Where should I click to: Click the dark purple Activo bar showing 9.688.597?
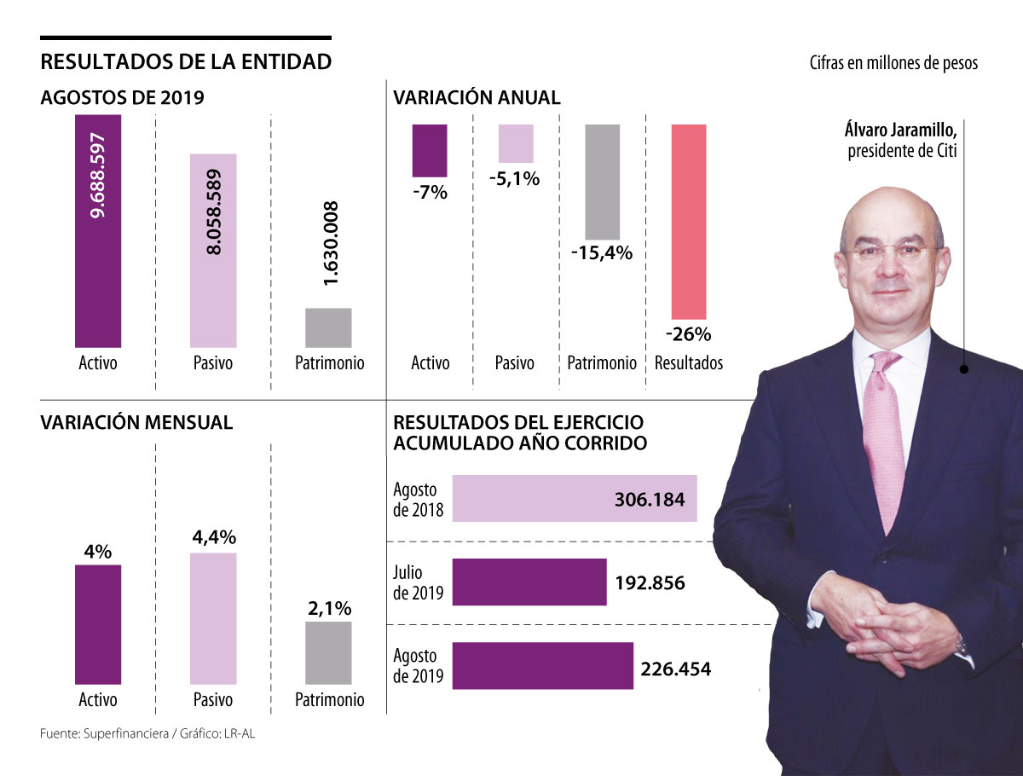click(x=98, y=230)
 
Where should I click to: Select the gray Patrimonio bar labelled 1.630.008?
click(x=328, y=327)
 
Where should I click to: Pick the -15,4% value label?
click(x=602, y=252)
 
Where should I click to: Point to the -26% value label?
click(x=688, y=333)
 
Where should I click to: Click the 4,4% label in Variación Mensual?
click(x=213, y=538)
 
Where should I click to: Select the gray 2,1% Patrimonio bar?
click(x=328, y=652)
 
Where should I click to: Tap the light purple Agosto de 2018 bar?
click(x=575, y=499)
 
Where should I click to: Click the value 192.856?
click(x=650, y=583)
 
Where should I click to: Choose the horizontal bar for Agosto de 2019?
click(x=542, y=666)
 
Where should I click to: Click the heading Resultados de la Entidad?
click(x=186, y=62)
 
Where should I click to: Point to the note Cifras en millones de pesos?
click(x=893, y=63)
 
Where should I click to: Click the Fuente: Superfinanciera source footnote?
click(x=147, y=733)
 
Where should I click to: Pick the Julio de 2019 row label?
click(x=418, y=583)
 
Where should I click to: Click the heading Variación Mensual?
click(x=136, y=422)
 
